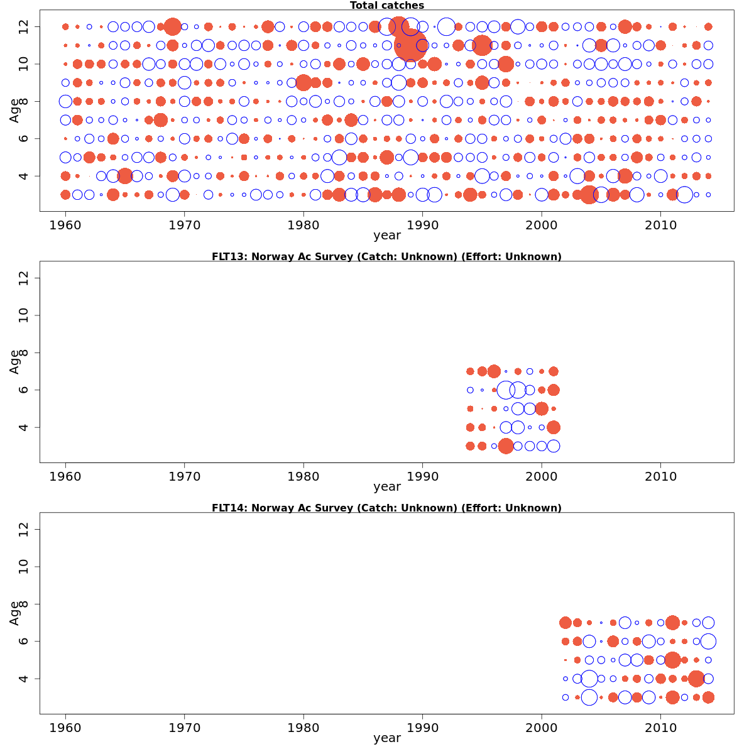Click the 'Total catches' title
[x=386, y=6]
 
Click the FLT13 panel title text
[x=386, y=256]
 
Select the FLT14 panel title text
[x=386, y=508]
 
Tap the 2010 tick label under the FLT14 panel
[x=660, y=728]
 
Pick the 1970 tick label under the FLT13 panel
[x=184, y=476]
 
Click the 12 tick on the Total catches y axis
[x=25, y=26]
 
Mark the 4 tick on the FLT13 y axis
[x=25, y=427]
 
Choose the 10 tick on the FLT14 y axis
[x=25, y=567]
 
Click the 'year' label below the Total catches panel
[x=386, y=236]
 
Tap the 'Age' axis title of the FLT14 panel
[x=14, y=613]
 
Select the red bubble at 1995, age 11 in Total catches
[x=482, y=45]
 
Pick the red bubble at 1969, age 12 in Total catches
[x=173, y=26]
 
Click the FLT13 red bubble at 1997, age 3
[x=506, y=446]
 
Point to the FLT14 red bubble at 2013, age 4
[x=696, y=679]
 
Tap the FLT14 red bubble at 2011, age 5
[x=672, y=660]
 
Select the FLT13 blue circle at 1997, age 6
[x=506, y=390]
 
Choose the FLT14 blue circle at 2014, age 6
[x=708, y=642]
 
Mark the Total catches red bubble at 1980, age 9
[x=303, y=82]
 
